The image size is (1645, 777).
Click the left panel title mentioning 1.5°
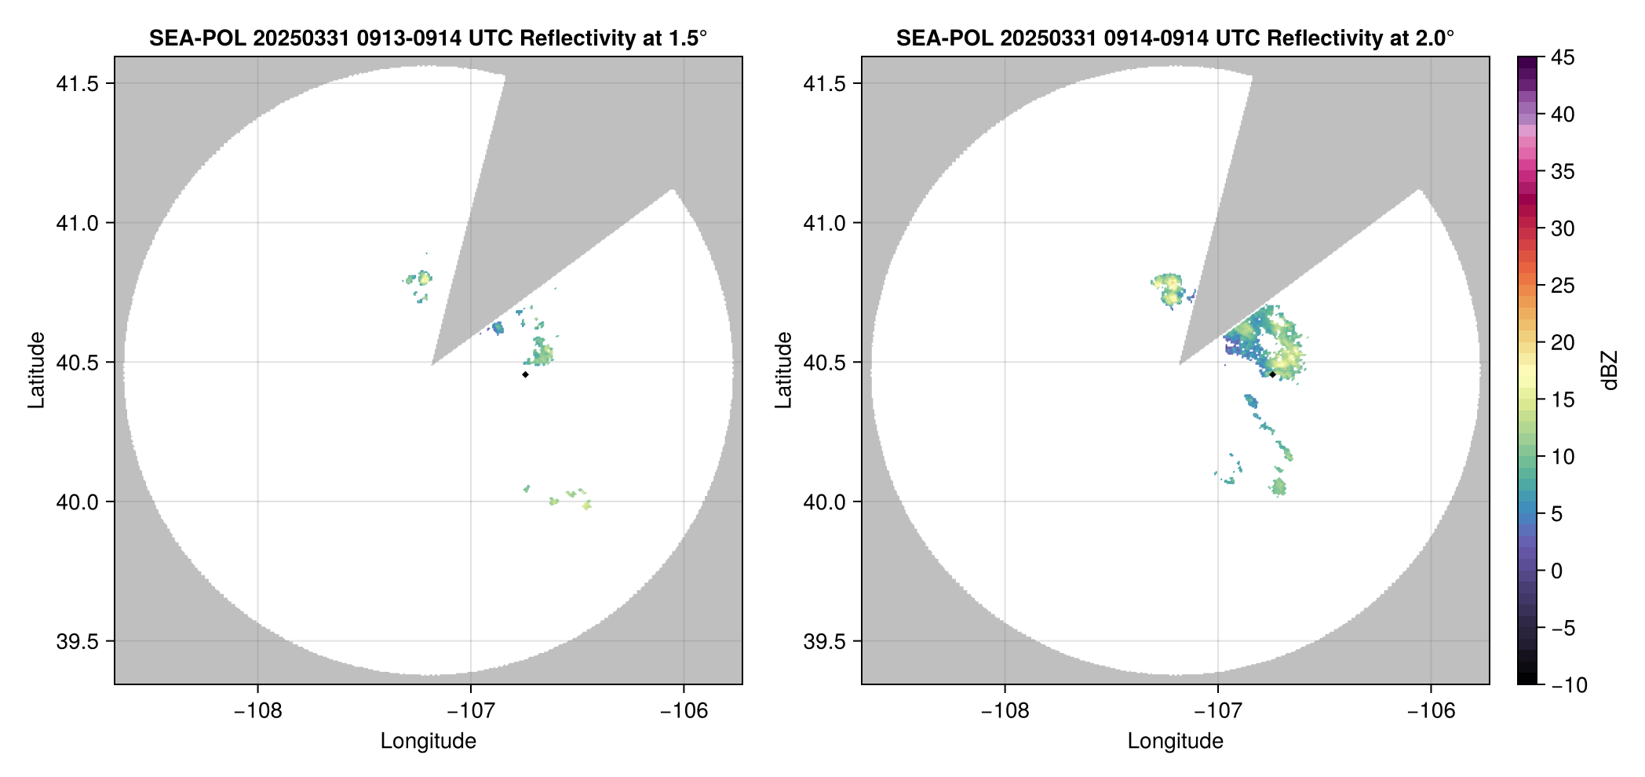pos(428,38)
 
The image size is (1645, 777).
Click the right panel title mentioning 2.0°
pos(1175,38)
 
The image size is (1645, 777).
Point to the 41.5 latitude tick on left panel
pos(76,84)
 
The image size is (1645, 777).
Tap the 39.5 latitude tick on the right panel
pos(823,641)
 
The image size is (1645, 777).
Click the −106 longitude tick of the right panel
pos(1431,711)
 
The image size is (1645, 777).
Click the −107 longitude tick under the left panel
pos(470,711)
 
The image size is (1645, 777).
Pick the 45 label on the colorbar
pos(1562,57)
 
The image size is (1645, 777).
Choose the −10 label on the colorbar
pos(1569,685)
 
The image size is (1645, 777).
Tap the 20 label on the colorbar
pos(1562,343)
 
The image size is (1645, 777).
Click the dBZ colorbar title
pos(1610,370)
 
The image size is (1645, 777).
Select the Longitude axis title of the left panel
pos(428,741)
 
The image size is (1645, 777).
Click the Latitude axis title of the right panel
pos(783,370)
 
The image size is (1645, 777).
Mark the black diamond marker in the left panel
pos(525,374)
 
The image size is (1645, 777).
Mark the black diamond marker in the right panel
pos(1272,374)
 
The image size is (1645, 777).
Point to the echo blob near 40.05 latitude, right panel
pos(1278,487)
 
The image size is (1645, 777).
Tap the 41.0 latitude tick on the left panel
pos(76,223)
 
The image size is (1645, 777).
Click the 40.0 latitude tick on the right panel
pos(823,502)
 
